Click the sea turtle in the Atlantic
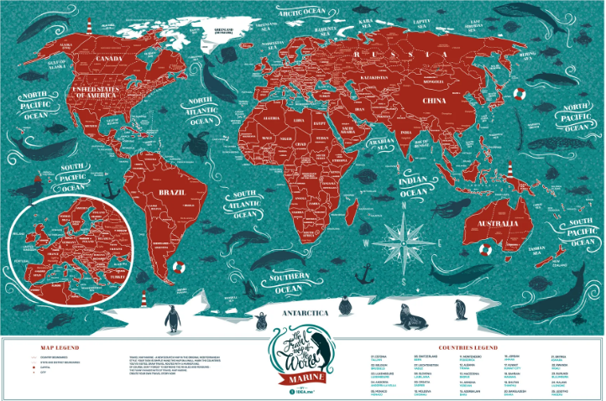(x=199, y=143)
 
